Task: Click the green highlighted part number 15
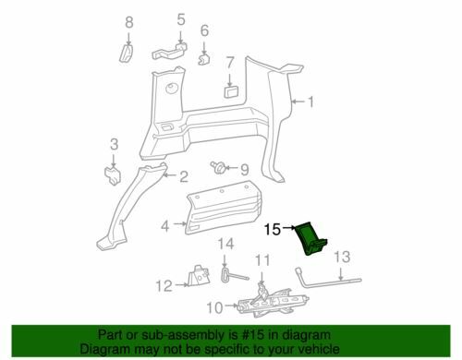click(x=309, y=238)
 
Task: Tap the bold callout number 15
click(x=273, y=229)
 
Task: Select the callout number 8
click(x=129, y=22)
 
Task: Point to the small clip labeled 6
click(x=204, y=59)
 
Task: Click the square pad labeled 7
click(x=230, y=91)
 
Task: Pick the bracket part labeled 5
click(x=170, y=52)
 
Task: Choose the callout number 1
click(x=311, y=102)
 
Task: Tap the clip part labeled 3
click(x=112, y=176)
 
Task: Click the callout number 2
click(x=184, y=176)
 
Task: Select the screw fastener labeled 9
click(x=218, y=166)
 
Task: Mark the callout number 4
click(x=165, y=227)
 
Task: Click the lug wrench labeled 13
click(x=328, y=280)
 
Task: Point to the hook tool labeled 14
click(x=234, y=275)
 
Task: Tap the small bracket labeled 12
click(x=200, y=276)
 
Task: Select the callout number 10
click(x=214, y=307)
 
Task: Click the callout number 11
click(x=262, y=260)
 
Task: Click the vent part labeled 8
click(x=127, y=54)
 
